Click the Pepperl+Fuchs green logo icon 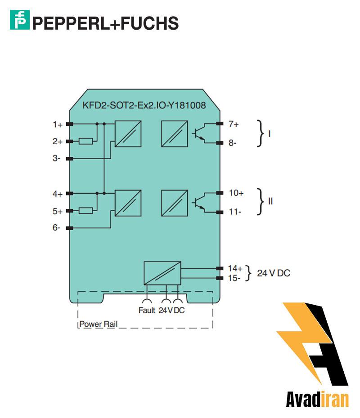[20, 21]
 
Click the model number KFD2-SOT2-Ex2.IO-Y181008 [144, 106]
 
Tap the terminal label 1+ [57, 124]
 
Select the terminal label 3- [57, 158]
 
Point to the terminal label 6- [57, 228]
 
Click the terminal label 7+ [234, 123]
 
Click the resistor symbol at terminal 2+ [86, 142]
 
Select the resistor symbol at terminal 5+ [86, 211]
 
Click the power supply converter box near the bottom [162, 273]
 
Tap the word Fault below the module [147, 310]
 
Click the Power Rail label [98, 324]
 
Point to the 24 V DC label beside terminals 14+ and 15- [274, 273]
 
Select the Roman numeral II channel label [270, 201]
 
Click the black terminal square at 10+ [220, 193]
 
